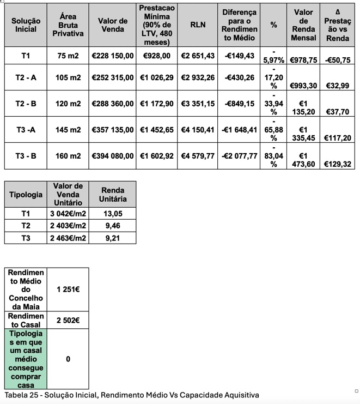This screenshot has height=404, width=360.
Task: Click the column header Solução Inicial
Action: pyautogui.click(x=26, y=25)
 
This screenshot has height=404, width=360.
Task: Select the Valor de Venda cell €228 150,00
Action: pyautogui.click(x=113, y=56)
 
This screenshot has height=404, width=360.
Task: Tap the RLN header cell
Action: pyautogui.click(x=198, y=25)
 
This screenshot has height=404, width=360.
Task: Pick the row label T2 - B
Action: pyautogui.click(x=26, y=104)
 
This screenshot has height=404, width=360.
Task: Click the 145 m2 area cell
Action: pyautogui.click(x=68, y=130)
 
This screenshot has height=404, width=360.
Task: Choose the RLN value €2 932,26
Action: pyautogui.click(x=198, y=78)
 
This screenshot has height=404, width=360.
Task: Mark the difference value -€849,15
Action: pyautogui.click(x=239, y=104)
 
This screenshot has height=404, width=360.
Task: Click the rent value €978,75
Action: pyautogui.click(x=303, y=60)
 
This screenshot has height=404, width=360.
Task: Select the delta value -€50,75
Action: pyautogui.click(x=338, y=60)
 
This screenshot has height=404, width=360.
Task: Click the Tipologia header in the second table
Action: pyautogui.click(x=26, y=195)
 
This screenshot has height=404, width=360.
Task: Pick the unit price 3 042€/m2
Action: pyautogui.click(x=68, y=214)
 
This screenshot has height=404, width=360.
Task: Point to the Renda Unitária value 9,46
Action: pyautogui.click(x=112, y=226)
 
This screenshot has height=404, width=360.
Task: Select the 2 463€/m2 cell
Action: pyautogui.click(x=68, y=238)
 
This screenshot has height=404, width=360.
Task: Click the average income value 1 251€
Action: pyautogui.click(x=68, y=289)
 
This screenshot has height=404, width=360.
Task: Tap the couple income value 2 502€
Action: pyautogui.click(x=68, y=320)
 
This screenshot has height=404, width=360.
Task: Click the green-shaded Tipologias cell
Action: pyautogui.click(x=26, y=359)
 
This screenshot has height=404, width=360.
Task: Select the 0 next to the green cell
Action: pyautogui.click(x=68, y=359)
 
